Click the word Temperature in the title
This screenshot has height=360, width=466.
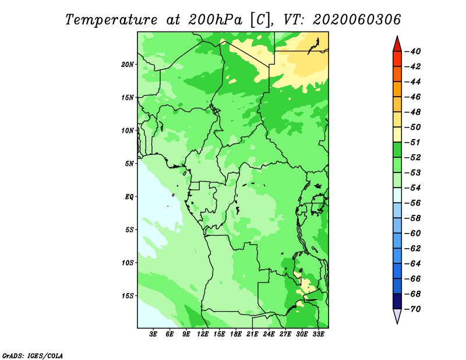pos(111,20)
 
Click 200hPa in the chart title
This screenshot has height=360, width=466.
pos(215,20)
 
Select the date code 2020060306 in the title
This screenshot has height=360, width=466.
pos(356,20)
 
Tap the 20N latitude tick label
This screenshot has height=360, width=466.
pos(128,65)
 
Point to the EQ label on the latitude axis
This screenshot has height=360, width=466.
pos(129,197)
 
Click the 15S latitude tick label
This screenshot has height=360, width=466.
pos(128,296)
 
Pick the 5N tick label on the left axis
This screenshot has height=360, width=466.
pos(129,164)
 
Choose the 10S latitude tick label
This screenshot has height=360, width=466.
pos(128,263)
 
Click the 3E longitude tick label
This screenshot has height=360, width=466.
pos(153,334)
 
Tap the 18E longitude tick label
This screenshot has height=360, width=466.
pos(236,334)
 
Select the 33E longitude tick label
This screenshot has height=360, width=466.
pos(318,334)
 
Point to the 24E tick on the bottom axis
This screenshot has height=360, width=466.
pos(269,334)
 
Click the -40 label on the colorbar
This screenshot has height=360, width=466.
pos(412,51)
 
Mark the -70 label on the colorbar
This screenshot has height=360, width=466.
pos(412,309)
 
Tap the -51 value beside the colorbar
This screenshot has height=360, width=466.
pos(412,142)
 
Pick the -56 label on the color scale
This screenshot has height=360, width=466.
pos(412,203)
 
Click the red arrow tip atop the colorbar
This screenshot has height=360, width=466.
pos(397,37)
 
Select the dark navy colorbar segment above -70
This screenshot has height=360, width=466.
pos(397,301)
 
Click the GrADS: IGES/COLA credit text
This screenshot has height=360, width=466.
pos(33,355)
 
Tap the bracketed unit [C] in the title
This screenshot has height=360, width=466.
pos(260,20)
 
